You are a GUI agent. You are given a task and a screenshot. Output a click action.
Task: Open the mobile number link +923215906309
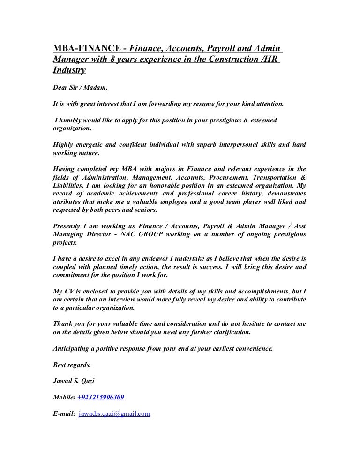point(101,398)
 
